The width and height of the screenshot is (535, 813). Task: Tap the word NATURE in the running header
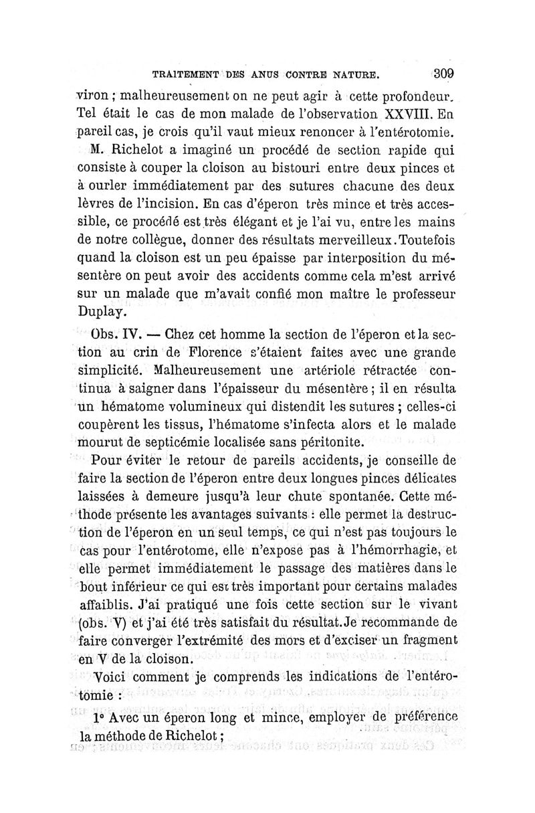click(x=357, y=74)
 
